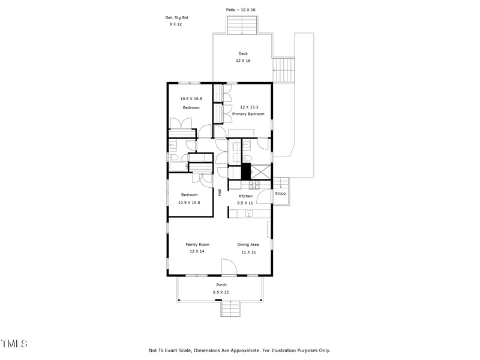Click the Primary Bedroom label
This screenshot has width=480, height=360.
point(248,113)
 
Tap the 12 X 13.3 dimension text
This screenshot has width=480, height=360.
point(248,107)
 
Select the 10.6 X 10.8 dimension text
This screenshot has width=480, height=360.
point(191,98)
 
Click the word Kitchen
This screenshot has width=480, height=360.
point(246,196)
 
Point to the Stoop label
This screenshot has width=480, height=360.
point(280,194)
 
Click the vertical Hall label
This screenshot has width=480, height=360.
point(220,193)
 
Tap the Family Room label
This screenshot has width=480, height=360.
point(197,244)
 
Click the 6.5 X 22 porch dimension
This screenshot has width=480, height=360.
point(221,292)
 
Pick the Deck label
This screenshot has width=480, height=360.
point(242,54)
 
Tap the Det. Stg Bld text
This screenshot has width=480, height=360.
point(176,18)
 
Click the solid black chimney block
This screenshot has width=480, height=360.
point(245,171)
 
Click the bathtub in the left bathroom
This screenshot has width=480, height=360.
point(200,158)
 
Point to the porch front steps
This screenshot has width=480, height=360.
point(230,309)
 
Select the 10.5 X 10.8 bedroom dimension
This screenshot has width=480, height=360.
point(188,202)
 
